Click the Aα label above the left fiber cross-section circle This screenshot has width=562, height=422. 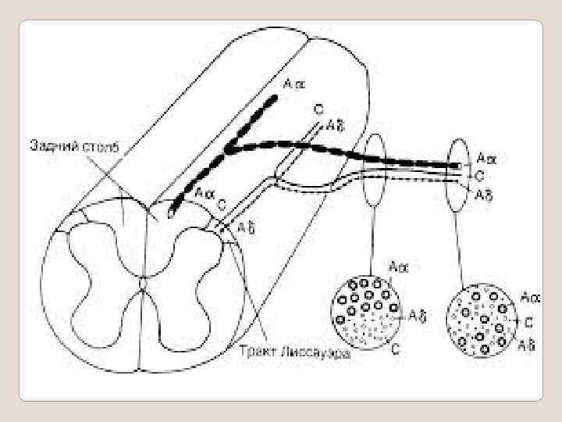(x=399, y=267)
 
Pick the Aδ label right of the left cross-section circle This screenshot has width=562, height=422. (x=418, y=316)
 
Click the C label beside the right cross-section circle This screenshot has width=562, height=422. (x=528, y=320)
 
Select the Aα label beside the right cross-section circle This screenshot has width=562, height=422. (x=531, y=297)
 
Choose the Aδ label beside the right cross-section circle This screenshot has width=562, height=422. (x=526, y=345)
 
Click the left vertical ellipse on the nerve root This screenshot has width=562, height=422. (x=375, y=170)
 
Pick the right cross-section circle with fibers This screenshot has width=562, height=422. (x=480, y=321)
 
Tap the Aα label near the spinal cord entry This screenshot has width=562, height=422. (x=205, y=192)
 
